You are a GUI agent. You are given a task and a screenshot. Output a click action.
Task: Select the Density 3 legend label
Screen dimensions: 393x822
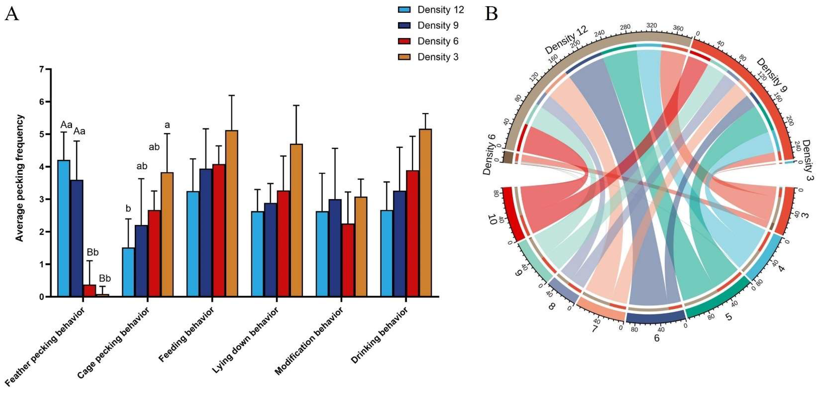[438, 57]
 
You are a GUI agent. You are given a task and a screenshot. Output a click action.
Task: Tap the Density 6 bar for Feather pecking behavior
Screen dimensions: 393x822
[90, 290]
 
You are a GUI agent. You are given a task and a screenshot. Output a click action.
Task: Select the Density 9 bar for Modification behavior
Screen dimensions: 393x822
[335, 248]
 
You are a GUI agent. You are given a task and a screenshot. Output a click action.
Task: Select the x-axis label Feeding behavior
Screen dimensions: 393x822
[186, 335]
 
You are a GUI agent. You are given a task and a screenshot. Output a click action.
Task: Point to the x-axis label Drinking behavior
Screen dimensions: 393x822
[379, 335]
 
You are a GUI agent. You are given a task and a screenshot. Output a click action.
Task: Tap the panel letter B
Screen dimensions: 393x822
[491, 14]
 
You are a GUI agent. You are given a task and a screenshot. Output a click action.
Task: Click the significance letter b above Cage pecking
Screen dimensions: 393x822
[128, 209]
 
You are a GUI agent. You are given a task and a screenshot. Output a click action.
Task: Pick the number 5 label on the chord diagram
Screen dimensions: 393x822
[728, 317]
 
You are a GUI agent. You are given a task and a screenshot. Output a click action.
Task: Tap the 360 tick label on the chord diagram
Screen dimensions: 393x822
[678, 28]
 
